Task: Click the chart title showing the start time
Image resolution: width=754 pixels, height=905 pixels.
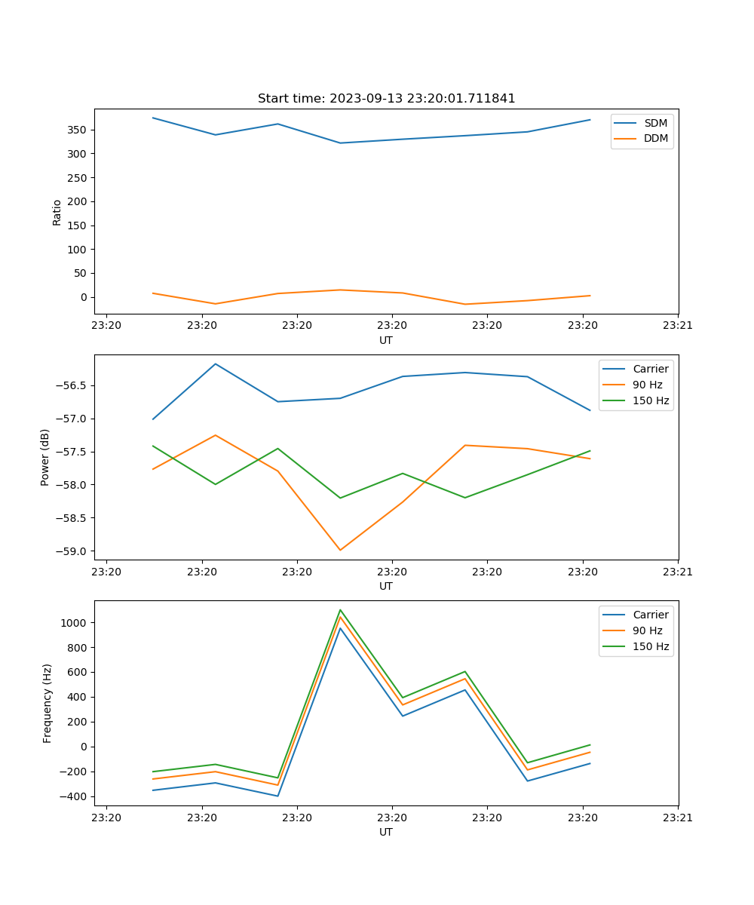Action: click(x=386, y=99)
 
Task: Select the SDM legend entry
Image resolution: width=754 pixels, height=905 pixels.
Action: click(x=655, y=123)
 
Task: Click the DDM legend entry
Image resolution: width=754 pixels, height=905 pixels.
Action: click(x=655, y=139)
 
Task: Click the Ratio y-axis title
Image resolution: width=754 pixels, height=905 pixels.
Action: click(x=57, y=212)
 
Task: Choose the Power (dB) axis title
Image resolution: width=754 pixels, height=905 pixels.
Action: click(x=45, y=457)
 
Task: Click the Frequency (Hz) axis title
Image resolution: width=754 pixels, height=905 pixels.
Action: click(x=47, y=703)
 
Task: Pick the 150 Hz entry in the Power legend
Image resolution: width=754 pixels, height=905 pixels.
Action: click(x=651, y=400)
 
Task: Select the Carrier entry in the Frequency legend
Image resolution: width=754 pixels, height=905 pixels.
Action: click(x=650, y=615)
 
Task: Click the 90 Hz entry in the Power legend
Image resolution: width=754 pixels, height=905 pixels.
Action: click(x=647, y=385)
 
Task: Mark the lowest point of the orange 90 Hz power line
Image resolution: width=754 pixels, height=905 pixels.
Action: click(x=340, y=550)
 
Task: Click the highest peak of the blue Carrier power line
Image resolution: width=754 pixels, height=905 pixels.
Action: click(x=216, y=364)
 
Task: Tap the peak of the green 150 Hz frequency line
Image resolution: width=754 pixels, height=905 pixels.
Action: click(x=340, y=609)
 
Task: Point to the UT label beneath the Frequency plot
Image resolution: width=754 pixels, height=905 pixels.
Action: click(x=386, y=832)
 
